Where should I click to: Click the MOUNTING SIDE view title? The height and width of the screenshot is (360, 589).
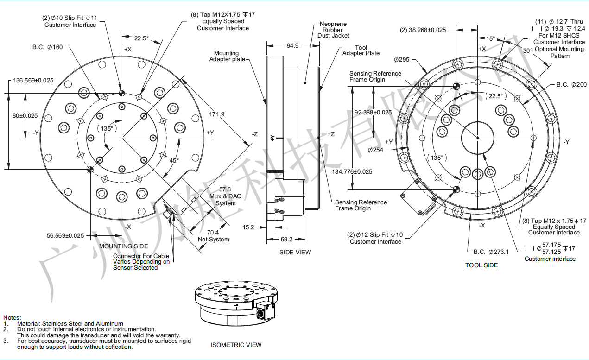coord(124,246)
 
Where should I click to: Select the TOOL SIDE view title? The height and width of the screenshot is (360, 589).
coord(481,265)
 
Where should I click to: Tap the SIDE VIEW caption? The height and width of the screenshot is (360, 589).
coord(295,252)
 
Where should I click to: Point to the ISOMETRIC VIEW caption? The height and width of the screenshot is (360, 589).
coord(236,345)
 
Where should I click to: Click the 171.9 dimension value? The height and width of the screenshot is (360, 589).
coord(216,114)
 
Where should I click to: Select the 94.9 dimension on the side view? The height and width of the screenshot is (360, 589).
coord(292,45)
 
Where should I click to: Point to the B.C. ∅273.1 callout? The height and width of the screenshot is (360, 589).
coord(491,252)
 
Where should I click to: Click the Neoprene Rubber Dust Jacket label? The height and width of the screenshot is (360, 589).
coord(333,30)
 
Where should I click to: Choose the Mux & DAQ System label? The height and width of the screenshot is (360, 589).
coord(225,196)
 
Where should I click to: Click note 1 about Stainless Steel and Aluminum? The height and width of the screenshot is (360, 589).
coord(70,323)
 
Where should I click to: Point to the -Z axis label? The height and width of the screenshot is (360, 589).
coord(255,134)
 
